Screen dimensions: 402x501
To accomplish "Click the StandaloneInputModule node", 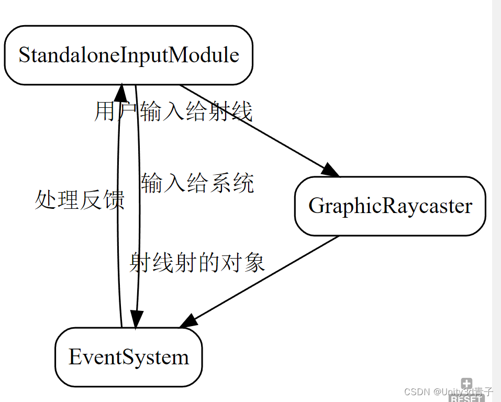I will [x=128, y=55].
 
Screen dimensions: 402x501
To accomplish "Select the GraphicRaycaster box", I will [x=390, y=206].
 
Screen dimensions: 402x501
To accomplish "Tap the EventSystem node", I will [x=128, y=357].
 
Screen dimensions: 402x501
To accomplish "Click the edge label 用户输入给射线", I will [x=173, y=111].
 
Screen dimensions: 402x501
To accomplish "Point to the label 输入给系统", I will [x=197, y=184].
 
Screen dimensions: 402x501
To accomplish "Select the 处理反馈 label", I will [x=80, y=200].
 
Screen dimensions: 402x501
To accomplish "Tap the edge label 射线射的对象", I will [x=197, y=262].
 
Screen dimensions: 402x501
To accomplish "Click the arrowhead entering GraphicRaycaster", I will [x=331, y=170].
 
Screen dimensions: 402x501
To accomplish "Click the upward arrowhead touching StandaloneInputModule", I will [x=121, y=92].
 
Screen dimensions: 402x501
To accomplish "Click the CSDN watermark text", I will [x=449, y=392].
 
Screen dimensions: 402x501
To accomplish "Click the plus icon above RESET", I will [x=466, y=384].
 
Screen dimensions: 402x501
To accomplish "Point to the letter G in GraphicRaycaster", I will [x=315, y=206].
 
